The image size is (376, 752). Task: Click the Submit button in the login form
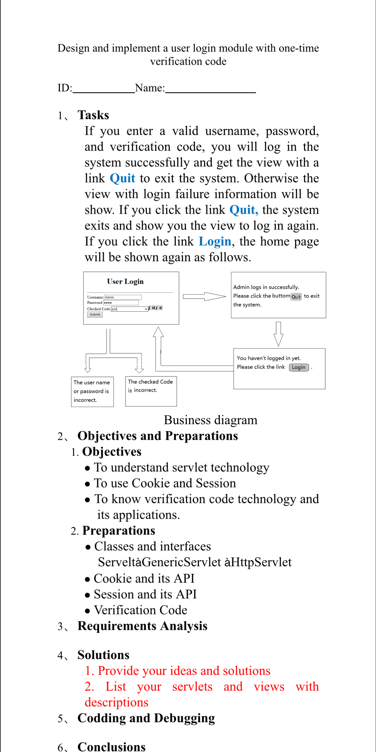(x=95, y=314)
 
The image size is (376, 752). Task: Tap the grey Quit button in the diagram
(x=296, y=297)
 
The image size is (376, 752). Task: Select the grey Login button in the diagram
(x=298, y=367)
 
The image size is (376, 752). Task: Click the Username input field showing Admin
(x=122, y=297)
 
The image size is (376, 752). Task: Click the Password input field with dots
(x=121, y=302)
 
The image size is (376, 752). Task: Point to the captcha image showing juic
(x=155, y=308)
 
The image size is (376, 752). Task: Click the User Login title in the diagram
(x=125, y=281)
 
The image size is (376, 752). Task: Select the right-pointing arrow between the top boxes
(x=204, y=296)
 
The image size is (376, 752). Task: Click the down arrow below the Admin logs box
(x=278, y=334)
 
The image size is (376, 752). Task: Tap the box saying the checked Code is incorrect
(x=151, y=391)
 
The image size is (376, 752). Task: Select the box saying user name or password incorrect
(x=92, y=391)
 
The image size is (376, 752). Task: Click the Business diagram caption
(x=210, y=420)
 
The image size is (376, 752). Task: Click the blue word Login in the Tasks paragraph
(x=215, y=241)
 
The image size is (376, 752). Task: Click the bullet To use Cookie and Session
(x=165, y=483)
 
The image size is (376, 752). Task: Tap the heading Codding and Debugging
(x=146, y=718)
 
